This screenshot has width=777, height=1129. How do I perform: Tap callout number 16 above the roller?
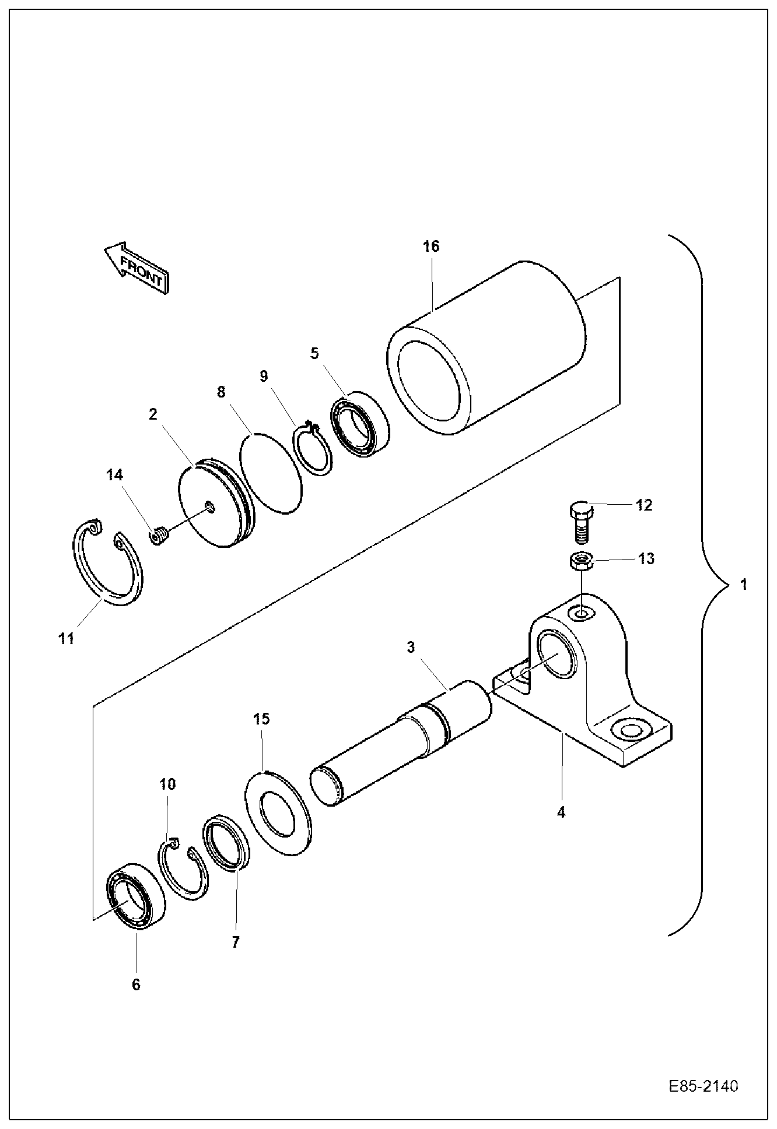coord(431,247)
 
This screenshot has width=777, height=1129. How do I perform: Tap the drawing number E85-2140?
coord(703,1087)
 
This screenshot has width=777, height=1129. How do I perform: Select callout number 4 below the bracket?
coord(561,812)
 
